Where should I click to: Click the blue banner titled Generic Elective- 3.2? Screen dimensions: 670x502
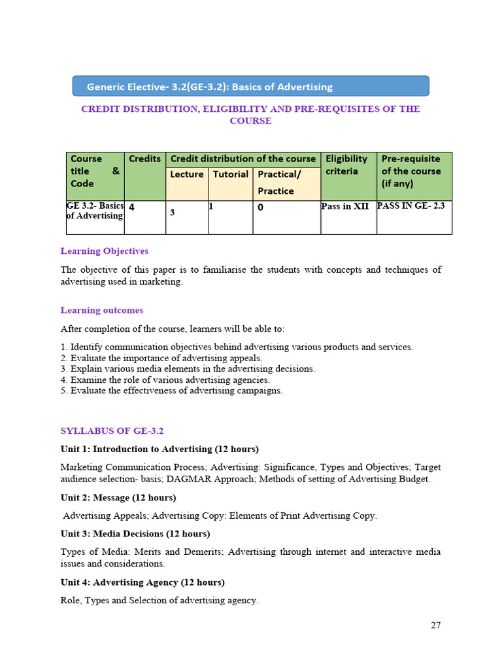250,86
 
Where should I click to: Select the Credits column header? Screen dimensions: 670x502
144,159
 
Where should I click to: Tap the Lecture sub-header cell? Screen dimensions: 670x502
187,175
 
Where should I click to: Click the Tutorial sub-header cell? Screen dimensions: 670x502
231,175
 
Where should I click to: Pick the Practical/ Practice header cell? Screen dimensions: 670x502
286,183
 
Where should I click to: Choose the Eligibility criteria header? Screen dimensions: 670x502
348,165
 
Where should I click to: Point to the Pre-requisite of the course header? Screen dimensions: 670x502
413,171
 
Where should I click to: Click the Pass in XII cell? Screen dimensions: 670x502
345,206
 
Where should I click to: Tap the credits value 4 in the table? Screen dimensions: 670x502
132,207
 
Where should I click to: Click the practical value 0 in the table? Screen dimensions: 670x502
261,207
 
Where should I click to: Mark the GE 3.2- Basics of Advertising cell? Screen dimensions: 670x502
95,211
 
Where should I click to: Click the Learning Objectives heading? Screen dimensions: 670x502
105,251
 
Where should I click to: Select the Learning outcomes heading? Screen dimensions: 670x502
102,310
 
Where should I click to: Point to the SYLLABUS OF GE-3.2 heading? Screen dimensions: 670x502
112,431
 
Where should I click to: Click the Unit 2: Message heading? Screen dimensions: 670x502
118,498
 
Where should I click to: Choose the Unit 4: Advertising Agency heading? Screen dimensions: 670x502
142,582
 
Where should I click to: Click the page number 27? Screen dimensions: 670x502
435,625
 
